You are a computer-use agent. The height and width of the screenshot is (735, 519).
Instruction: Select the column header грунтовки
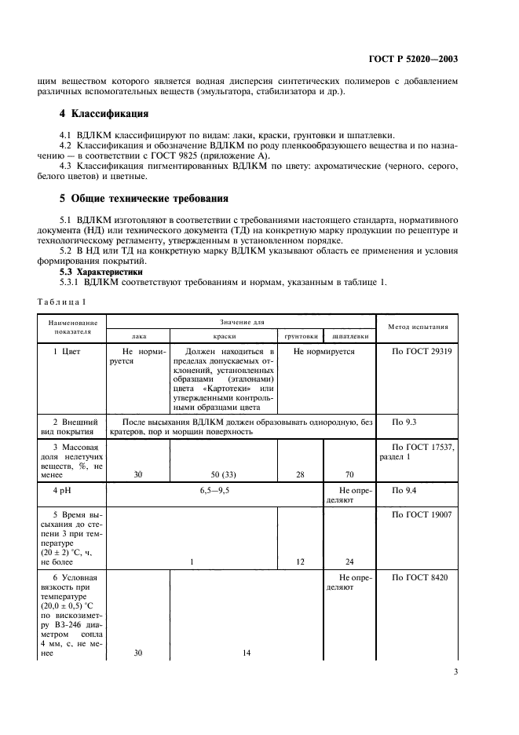(301, 335)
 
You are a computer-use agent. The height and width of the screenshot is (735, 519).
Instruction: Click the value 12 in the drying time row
(301, 561)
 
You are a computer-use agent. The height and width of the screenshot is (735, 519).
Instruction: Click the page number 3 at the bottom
(455, 671)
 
